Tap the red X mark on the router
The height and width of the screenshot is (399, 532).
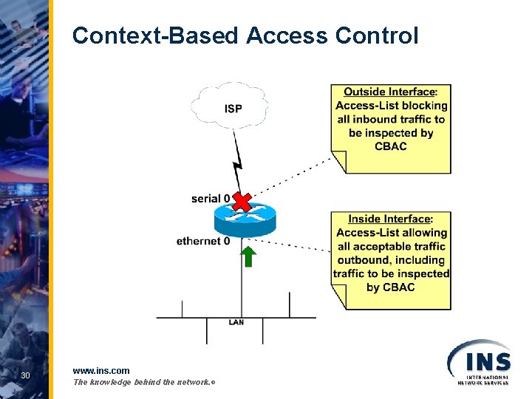(242, 201)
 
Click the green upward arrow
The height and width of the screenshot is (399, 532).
(249, 256)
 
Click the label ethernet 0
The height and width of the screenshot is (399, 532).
(203, 241)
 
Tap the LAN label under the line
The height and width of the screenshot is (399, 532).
(236, 322)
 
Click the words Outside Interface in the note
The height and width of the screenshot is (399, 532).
(389, 92)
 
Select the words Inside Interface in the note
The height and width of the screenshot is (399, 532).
(389, 219)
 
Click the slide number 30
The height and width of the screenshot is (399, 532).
(25, 376)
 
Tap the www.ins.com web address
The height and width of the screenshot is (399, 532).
(101, 370)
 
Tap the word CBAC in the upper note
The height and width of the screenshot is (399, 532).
(390, 146)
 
